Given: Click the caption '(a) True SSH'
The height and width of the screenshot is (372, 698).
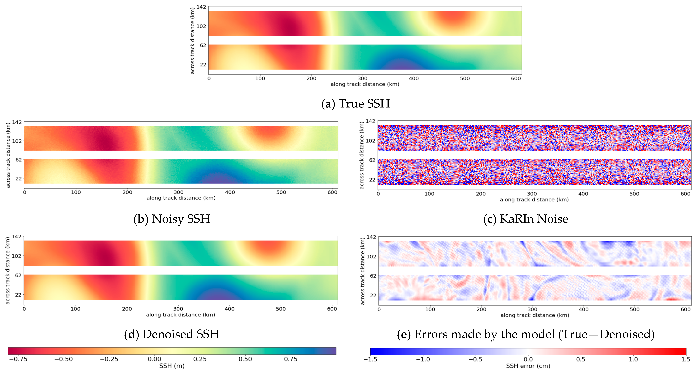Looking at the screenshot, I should tap(356, 104).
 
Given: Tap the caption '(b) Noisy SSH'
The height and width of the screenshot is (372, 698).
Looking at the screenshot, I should tap(172, 219).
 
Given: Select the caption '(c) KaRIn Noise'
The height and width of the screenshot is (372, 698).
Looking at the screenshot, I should tap(526, 219).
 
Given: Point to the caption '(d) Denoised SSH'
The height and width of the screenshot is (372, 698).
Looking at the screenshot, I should tap(172, 334).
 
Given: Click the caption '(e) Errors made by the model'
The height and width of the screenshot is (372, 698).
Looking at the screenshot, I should tap(526, 334).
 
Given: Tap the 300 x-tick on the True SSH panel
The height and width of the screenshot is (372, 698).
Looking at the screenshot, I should tap(362, 79).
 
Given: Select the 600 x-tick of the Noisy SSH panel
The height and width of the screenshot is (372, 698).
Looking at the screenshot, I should tap(332, 192).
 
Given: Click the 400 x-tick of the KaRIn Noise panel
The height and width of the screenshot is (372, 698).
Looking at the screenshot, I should tap(583, 194).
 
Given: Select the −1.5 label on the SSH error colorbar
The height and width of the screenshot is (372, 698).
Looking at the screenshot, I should tap(370, 359).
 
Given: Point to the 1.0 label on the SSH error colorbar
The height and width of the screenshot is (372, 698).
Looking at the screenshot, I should tap(633, 359).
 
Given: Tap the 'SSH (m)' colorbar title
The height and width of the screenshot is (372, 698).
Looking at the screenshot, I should tap(172, 366).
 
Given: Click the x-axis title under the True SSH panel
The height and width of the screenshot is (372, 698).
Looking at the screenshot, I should tap(365, 84).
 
